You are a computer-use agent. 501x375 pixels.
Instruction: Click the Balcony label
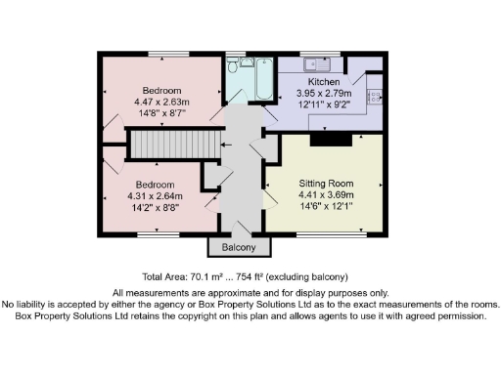[x=238, y=248]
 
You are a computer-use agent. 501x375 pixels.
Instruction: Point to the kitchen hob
[x=376, y=97]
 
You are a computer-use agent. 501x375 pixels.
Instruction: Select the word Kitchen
[x=323, y=82]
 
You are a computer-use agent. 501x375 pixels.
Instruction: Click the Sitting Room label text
[x=326, y=183]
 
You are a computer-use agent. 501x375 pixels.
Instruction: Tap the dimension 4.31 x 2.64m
[x=155, y=196]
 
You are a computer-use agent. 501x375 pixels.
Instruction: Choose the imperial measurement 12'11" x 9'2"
[x=323, y=104]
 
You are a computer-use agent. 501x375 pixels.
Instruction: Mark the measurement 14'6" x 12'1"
[x=326, y=206]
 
